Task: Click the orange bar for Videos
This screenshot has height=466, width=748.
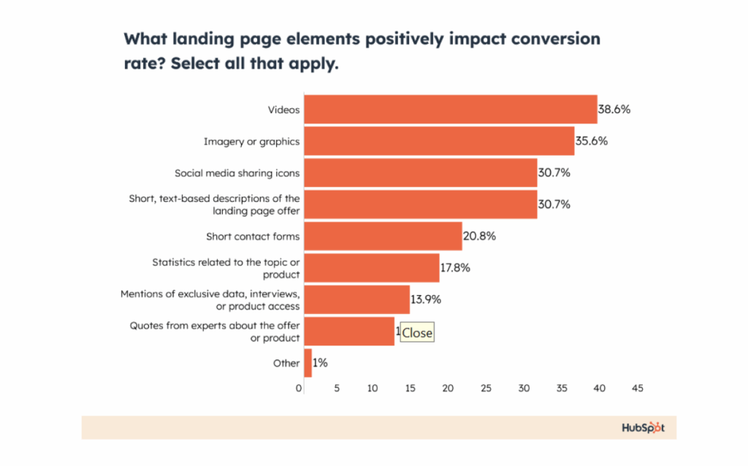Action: tap(450, 110)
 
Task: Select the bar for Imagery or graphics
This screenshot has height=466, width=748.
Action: tap(438, 141)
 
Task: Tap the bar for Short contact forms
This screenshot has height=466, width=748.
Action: tap(383, 236)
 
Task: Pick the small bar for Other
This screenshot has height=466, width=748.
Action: tap(308, 363)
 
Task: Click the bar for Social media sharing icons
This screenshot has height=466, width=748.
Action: tap(420, 173)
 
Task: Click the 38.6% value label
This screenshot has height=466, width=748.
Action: tap(614, 110)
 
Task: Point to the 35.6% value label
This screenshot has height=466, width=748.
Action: tap(591, 141)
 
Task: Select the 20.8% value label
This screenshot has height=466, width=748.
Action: tap(478, 236)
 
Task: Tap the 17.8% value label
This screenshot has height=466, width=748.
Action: tap(455, 267)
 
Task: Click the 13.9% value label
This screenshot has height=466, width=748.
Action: tap(426, 299)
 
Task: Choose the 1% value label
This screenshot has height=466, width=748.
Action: tap(320, 363)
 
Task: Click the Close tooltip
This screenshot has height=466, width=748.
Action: tap(417, 333)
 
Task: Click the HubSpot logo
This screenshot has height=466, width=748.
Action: tap(643, 427)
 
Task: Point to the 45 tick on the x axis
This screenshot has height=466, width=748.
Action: tap(637, 389)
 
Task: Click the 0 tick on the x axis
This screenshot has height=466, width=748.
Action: tap(299, 389)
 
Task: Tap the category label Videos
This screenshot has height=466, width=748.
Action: tap(283, 110)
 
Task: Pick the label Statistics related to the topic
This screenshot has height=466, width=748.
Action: tap(226, 261)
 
